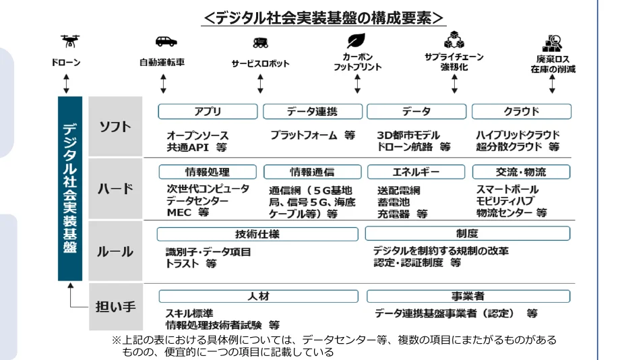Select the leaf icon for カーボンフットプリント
tap(356, 40)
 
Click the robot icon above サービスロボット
tap(260, 42)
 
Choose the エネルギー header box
tap(416, 172)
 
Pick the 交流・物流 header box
tap(522, 172)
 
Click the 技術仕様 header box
tap(257, 234)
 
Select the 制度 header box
tap(467, 234)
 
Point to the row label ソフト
tap(115, 127)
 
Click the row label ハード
tap(115, 189)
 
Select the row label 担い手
tap(115, 307)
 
